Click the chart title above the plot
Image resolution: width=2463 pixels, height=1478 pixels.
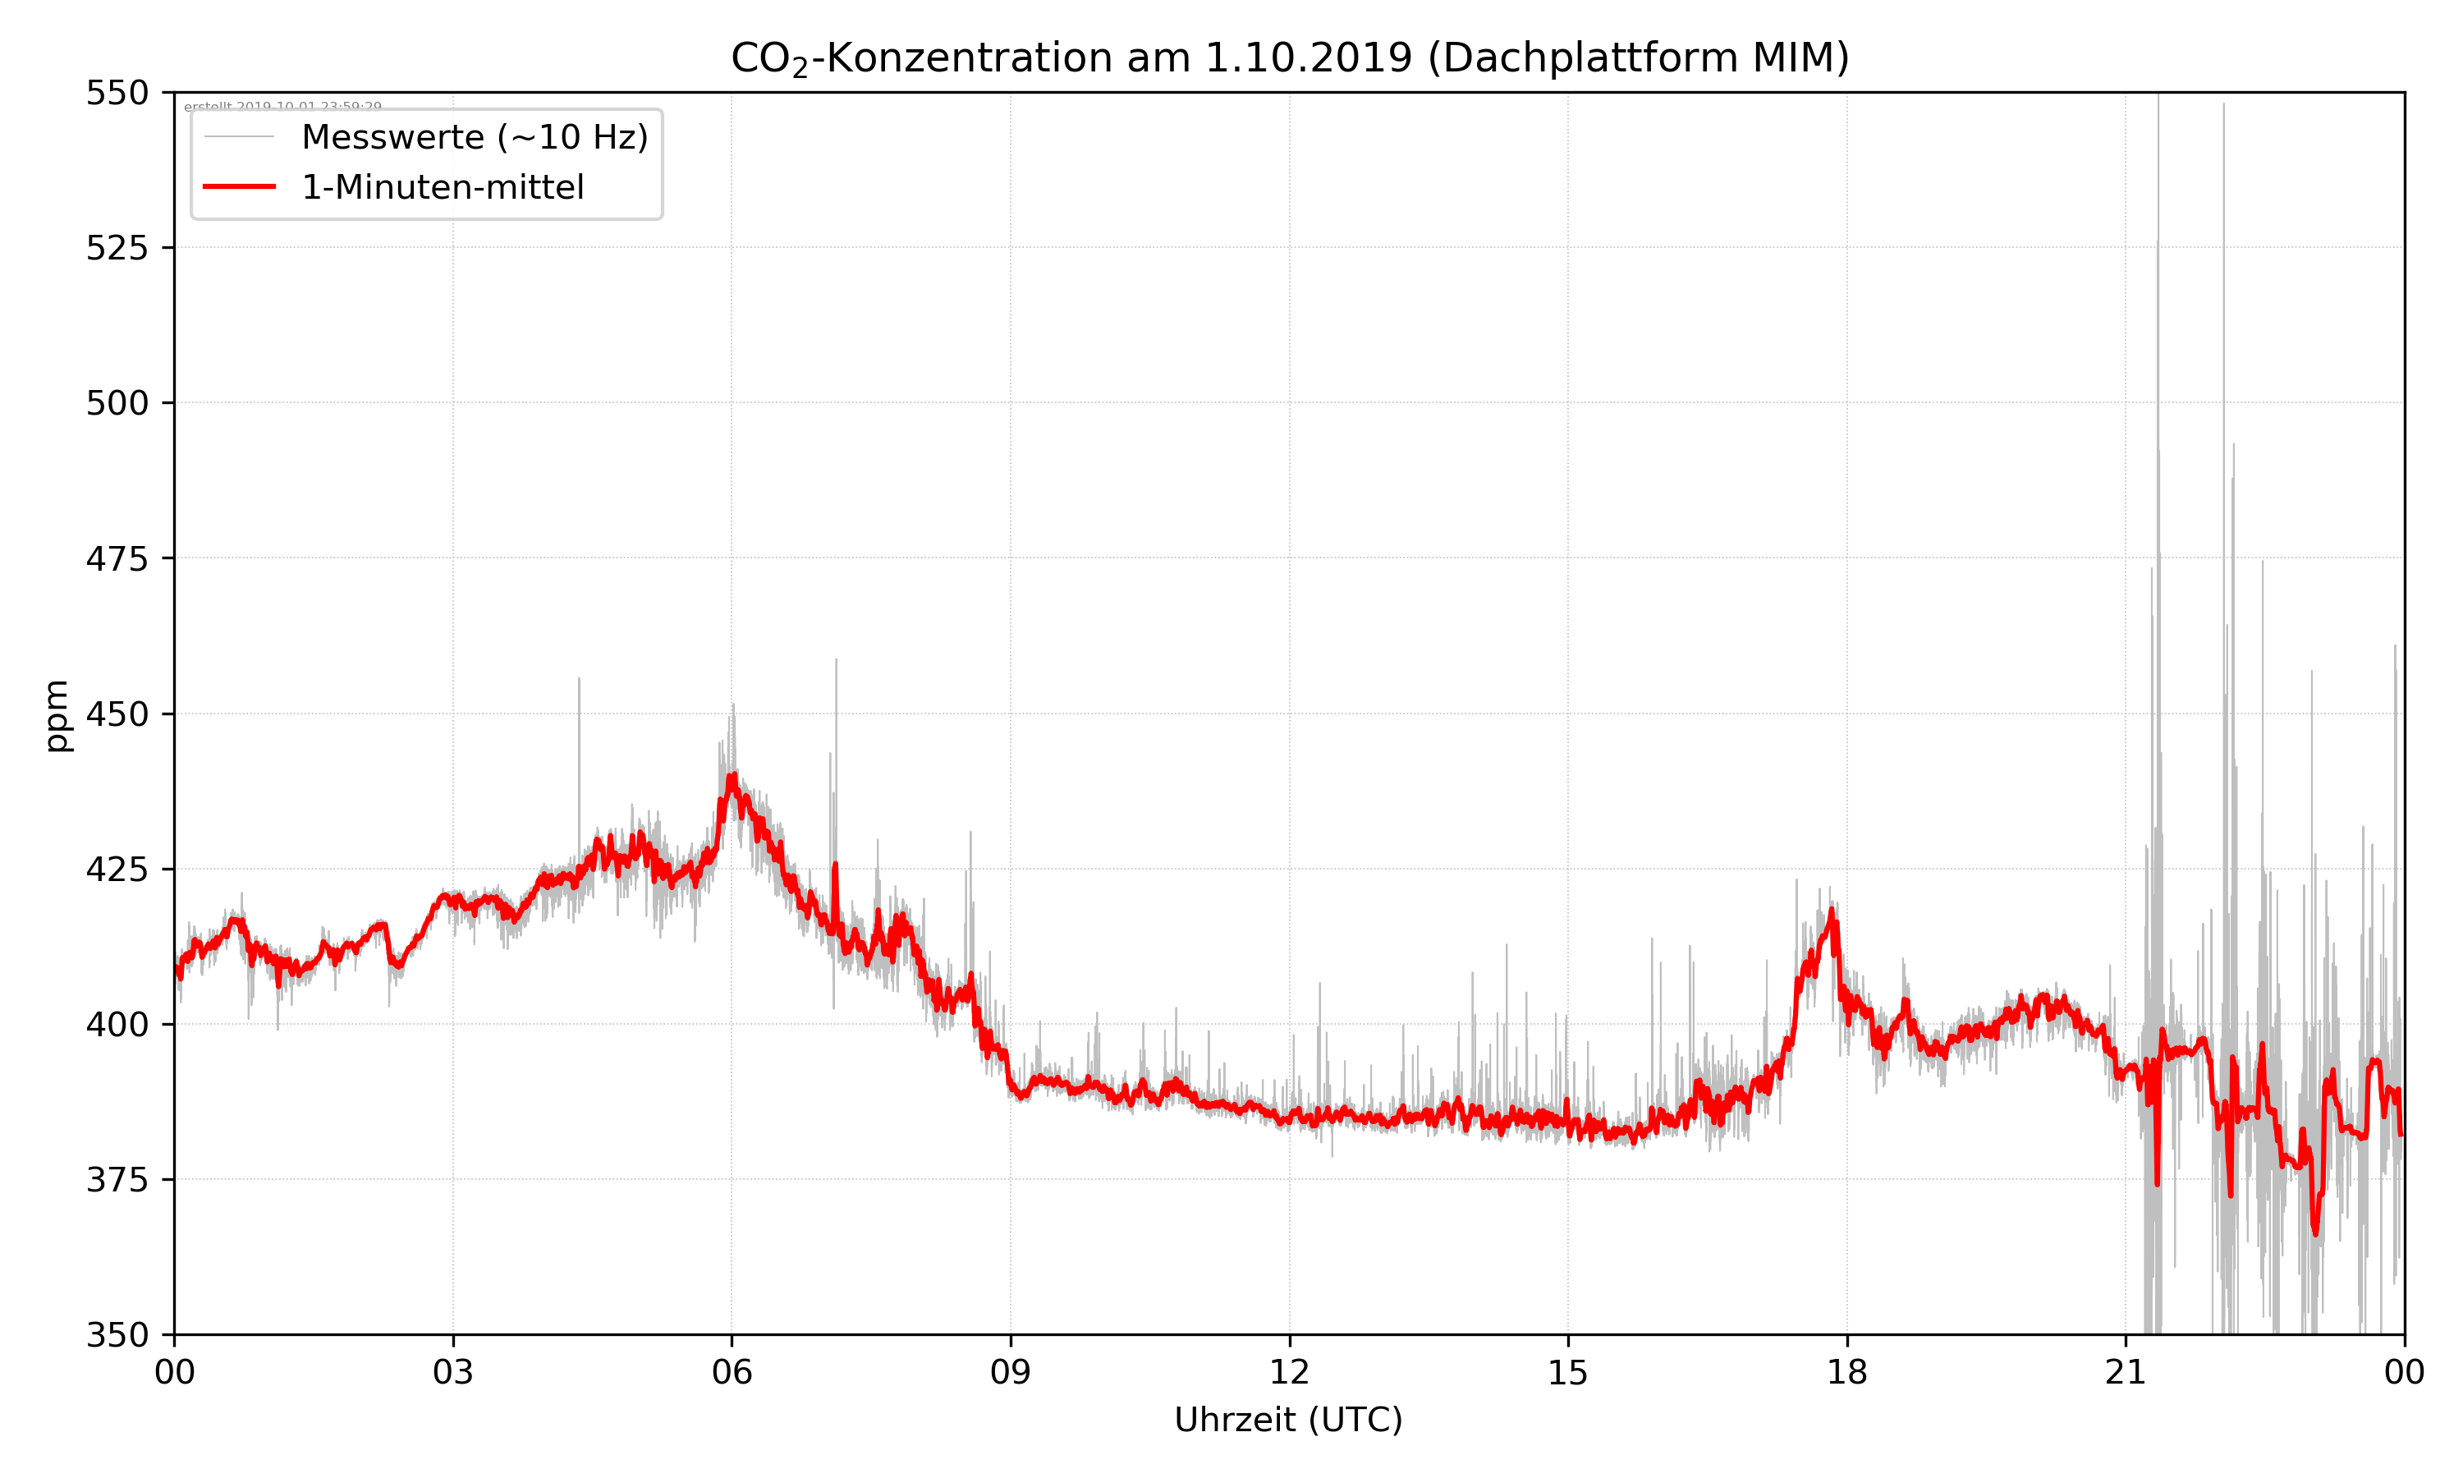click(1289, 57)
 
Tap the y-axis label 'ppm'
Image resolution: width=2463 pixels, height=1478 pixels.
click(57, 715)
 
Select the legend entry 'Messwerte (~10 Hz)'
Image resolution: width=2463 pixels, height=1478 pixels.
click(474, 137)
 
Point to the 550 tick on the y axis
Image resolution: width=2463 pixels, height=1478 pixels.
click(117, 93)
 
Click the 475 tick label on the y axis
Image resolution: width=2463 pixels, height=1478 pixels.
click(117, 558)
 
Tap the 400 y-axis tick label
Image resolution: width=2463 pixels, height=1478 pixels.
click(117, 1024)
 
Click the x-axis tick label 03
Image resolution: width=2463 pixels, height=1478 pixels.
click(453, 1372)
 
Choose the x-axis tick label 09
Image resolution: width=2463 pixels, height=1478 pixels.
click(1011, 1372)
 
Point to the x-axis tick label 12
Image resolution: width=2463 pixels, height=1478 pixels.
click(1289, 1372)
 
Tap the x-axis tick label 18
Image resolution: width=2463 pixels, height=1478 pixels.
click(1846, 1372)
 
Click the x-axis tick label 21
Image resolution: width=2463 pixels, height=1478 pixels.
click(2126, 1372)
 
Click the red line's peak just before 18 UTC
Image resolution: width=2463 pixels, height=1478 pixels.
click(1831, 911)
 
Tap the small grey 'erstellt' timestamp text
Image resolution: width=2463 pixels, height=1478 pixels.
click(282, 107)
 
